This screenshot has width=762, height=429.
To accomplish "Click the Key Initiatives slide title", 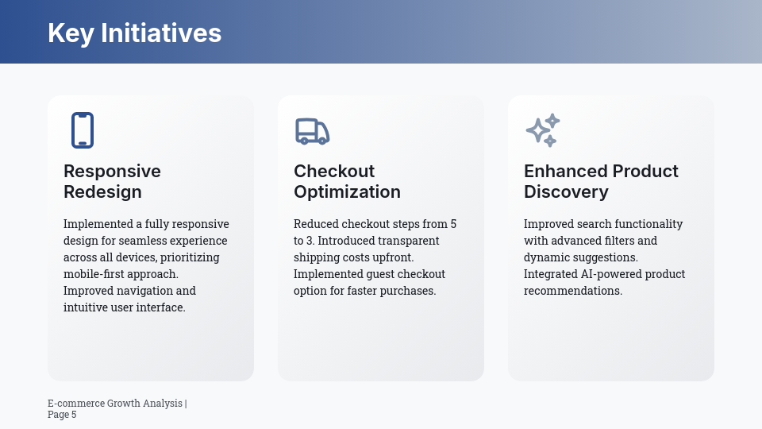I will click(134, 33).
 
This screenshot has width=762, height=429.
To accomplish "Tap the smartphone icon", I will click(83, 130).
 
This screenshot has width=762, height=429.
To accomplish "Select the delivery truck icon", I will click(312, 131).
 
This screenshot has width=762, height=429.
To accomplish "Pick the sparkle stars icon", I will click(543, 130).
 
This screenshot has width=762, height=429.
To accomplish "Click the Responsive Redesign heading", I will click(112, 181).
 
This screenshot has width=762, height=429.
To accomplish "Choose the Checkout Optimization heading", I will click(347, 181).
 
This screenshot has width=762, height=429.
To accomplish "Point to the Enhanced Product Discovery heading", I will click(601, 181).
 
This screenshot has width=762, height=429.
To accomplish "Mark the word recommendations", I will click(571, 291).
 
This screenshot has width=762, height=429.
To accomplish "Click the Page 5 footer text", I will click(62, 415).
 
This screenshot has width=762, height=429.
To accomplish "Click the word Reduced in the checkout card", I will click(316, 224).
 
